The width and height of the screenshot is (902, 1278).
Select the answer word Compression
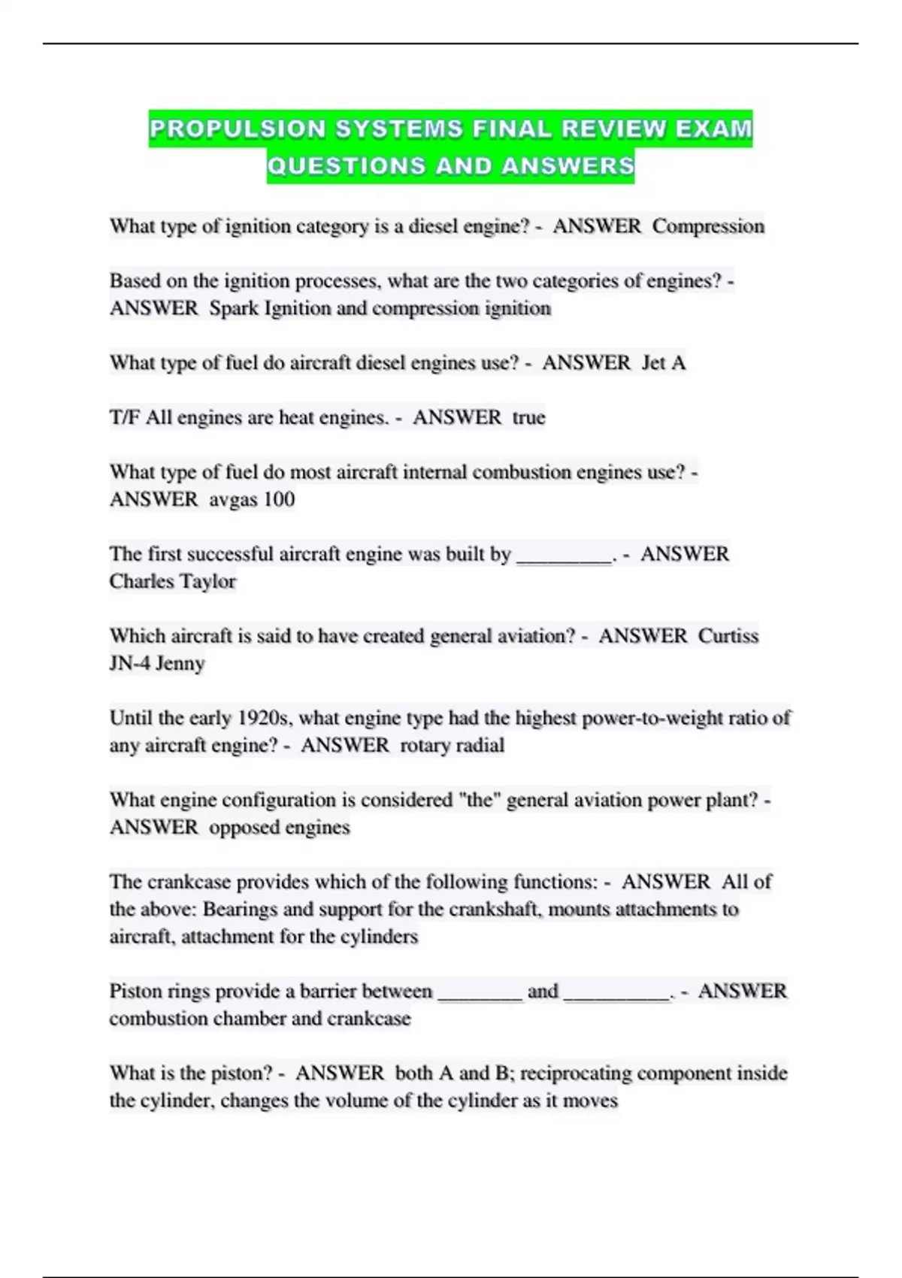(708, 226)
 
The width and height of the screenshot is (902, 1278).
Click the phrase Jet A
(664, 363)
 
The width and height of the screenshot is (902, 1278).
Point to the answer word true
(528, 417)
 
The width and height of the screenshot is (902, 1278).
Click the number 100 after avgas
(279, 499)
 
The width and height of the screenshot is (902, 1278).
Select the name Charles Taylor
(173, 581)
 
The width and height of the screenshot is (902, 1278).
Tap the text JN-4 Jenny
(157, 663)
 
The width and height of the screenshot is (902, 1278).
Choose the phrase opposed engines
(280, 827)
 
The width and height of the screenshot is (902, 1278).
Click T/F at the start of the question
(125, 417)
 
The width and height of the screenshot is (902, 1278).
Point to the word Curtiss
(728, 636)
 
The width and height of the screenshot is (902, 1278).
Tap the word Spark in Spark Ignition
(234, 308)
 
